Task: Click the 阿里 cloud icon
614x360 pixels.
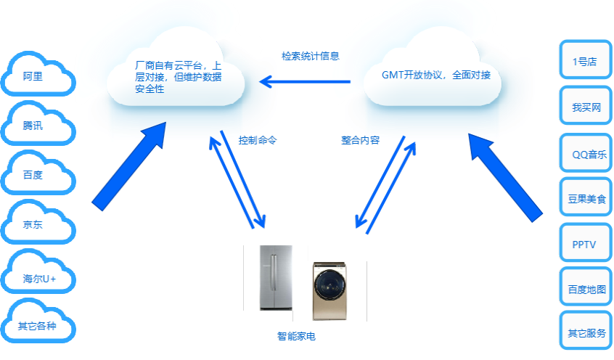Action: pyautogui.click(x=38, y=75)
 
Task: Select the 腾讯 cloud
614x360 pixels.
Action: pyautogui.click(x=38, y=125)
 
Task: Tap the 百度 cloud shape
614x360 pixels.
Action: pyautogui.click(x=38, y=174)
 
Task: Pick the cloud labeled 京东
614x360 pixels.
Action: pyautogui.click(x=38, y=224)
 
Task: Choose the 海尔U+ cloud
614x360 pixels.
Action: pyautogui.click(x=38, y=278)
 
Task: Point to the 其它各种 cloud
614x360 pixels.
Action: pyautogui.click(x=38, y=326)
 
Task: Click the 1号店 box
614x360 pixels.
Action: pyautogui.click(x=584, y=61)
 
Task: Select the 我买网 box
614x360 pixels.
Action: pyautogui.click(x=586, y=107)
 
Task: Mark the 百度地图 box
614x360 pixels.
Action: pyautogui.click(x=586, y=289)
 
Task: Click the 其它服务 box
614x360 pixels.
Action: pyautogui.click(x=586, y=333)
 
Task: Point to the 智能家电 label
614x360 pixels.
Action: pyautogui.click(x=296, y=336)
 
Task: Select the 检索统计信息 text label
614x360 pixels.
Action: pyautogui.click(x=311, y=56)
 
